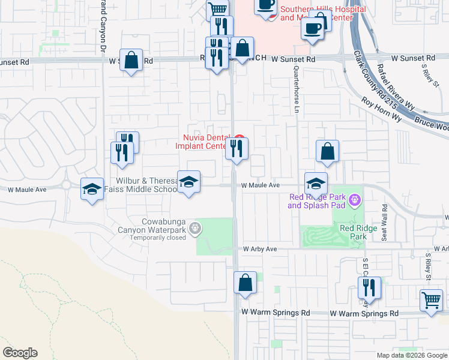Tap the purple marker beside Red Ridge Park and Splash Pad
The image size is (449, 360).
tap(354, 199)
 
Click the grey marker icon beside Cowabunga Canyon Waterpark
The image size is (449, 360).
tap(194, 228)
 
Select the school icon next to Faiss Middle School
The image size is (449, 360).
tap(188, 181)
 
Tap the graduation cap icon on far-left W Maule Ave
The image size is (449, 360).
tap(92, 190)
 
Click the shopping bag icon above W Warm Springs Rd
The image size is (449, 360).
tap(245, 283)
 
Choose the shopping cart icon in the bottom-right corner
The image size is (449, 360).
tap(432, 301)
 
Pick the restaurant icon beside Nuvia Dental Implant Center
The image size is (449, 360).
tap(237, 148)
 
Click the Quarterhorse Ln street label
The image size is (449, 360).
tap(296, 88)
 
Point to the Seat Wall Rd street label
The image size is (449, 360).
tap(384, 221)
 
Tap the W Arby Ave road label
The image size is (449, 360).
tap(259, 249)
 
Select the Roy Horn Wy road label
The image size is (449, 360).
tap(380, 109)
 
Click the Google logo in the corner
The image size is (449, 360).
tap(20, 353)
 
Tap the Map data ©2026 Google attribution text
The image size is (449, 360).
tap(411, 355)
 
